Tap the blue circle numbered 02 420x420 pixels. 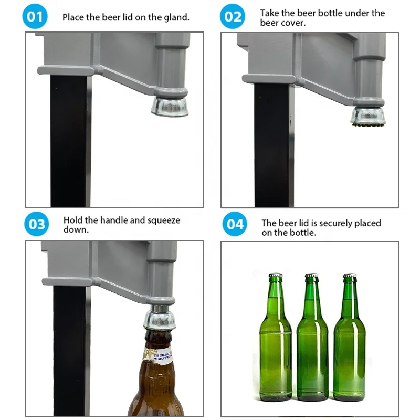click(233, 17)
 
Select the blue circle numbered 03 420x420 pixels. click(37, 224)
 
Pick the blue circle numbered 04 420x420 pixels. click(234, 224)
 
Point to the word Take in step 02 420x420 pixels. click(270, 13)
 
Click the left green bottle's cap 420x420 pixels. click(276, 275)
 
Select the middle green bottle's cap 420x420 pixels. click(312, 275)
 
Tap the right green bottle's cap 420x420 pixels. click(350, 275)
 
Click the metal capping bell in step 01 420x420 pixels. click(169, 105)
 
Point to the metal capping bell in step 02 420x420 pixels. click(368, 114)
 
